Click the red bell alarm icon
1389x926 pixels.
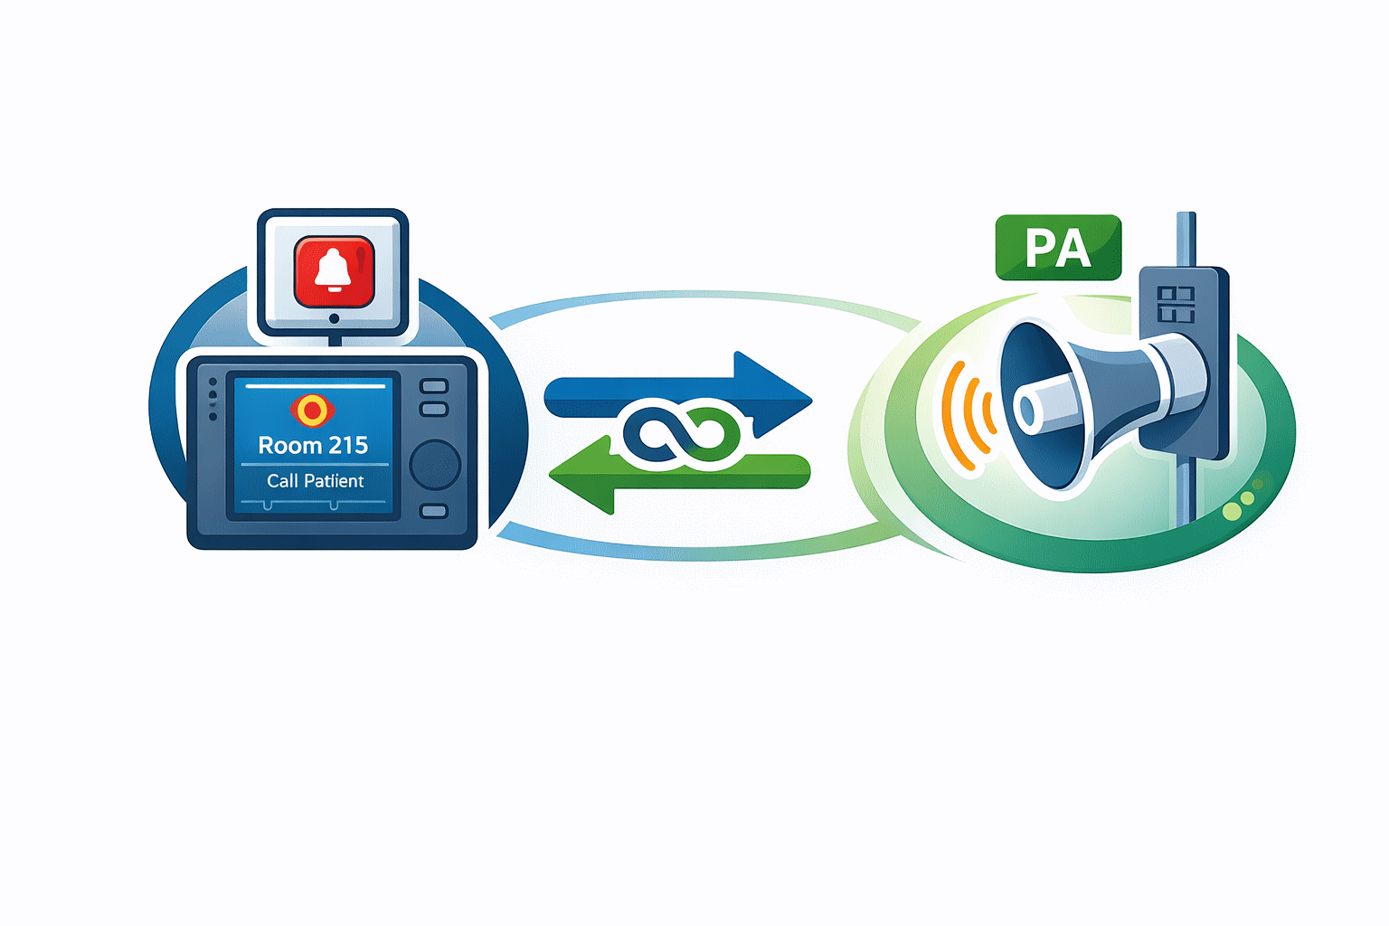click(x=334, y=271)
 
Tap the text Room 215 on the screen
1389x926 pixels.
click(x=313, y=445)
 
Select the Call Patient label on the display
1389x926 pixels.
click(x=315, y=481)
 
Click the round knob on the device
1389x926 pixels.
click(x=435, y=465)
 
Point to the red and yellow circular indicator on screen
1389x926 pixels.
click(x=312, y=411)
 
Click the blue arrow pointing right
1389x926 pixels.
click(x=678, y=394)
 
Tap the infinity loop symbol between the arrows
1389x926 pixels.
click(x=683, y=436)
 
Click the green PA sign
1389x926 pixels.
click(x=1058, y=247)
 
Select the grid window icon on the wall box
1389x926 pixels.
click(x=1176, y=305)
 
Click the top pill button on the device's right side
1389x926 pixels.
click(x=434, y=387)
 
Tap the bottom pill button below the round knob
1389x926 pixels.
click(x=434, y=512)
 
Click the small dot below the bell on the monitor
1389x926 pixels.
click(x=334, y=318)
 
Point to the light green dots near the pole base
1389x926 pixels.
click(x=1241, y=504)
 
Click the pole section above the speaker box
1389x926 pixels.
click(x=1186, y=239)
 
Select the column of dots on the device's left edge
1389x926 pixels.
click(x=213, y=400)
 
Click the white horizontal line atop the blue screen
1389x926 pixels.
click(x=315, y=386)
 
